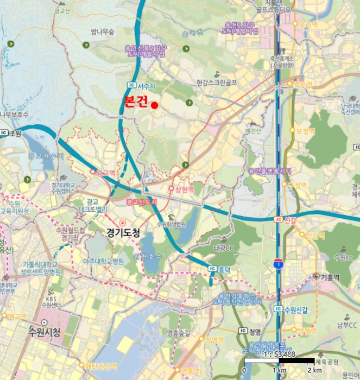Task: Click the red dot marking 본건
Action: (x=154, y=105)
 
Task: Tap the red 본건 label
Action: (x=136, y=102)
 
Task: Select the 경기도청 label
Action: (x=123, y=234)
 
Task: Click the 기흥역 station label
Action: (x=330, y=276)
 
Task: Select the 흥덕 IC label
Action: (x=223, y=268)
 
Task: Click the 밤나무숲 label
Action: (x=103, y=32)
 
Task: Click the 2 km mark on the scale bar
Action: (x=314, y=370)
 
